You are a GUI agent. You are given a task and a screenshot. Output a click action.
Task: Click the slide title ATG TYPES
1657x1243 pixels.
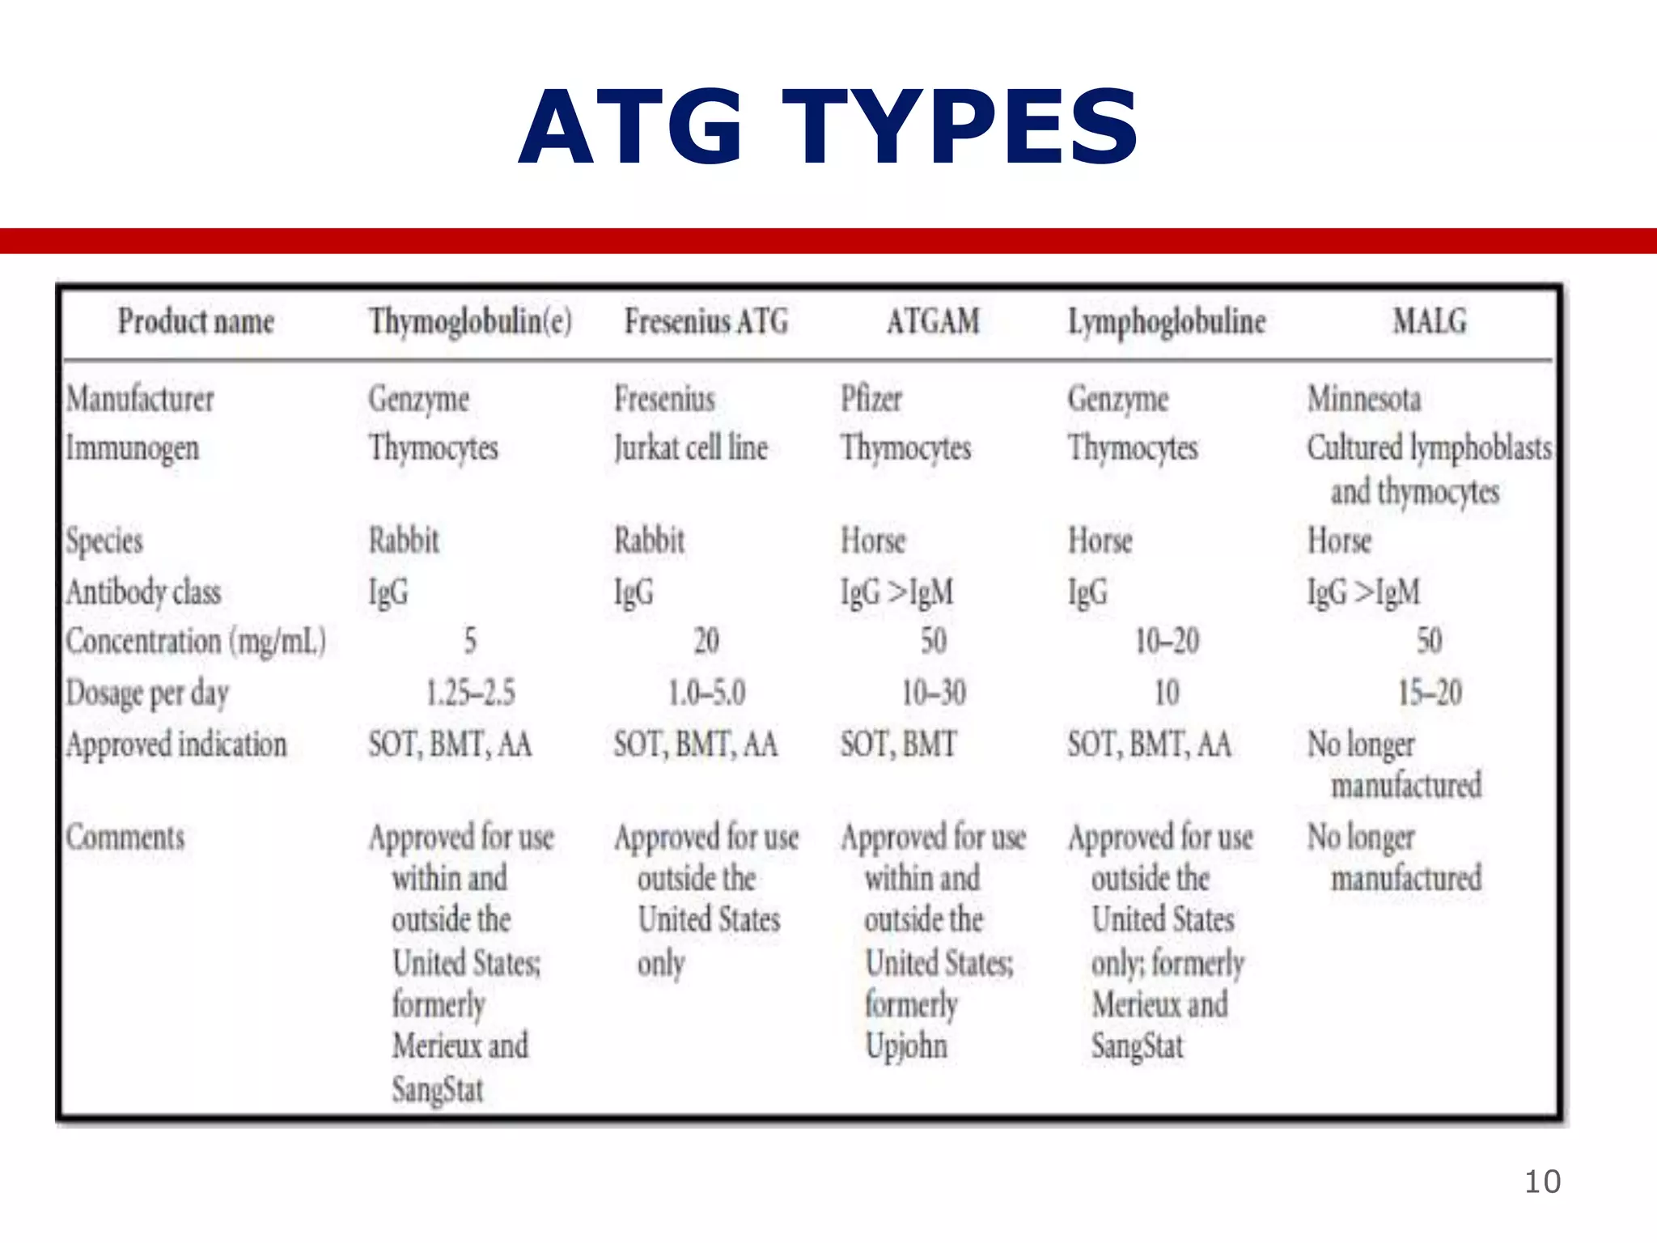828,128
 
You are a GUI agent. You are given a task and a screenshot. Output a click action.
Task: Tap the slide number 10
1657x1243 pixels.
1542,1181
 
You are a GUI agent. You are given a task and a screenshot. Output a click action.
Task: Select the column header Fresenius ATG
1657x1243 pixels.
706,321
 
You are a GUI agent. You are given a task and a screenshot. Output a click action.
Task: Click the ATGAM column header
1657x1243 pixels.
933,321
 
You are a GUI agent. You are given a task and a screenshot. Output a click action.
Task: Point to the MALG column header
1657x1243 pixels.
1429,321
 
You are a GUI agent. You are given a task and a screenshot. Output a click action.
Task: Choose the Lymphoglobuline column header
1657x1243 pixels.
1167,321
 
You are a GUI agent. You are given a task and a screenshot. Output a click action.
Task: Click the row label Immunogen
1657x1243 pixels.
133,448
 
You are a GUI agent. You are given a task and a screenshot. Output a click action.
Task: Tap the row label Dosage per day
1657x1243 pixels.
147,694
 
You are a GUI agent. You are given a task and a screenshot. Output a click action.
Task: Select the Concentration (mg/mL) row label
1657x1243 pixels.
196,642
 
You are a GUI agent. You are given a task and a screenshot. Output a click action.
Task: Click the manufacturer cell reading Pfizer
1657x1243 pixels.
871,399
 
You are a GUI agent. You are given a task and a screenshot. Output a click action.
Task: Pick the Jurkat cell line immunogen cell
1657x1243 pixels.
690,448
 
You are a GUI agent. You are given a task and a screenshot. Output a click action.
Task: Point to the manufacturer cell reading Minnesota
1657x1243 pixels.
1364,399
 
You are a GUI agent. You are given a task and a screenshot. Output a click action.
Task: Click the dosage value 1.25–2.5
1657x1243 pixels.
470,694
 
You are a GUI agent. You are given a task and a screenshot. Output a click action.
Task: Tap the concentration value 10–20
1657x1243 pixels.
1167,642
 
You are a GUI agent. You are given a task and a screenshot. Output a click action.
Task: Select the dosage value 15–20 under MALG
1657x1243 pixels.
1430,694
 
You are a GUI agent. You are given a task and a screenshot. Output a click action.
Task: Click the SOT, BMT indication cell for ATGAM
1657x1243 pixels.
898,745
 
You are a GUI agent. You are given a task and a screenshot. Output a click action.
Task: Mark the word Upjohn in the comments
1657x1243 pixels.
906,1046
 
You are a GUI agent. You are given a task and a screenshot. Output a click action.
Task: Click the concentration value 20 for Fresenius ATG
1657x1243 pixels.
706,642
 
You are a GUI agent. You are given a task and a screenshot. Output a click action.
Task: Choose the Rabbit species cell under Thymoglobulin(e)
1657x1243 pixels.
404,541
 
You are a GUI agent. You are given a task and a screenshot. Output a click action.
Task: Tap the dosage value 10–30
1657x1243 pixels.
934,694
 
